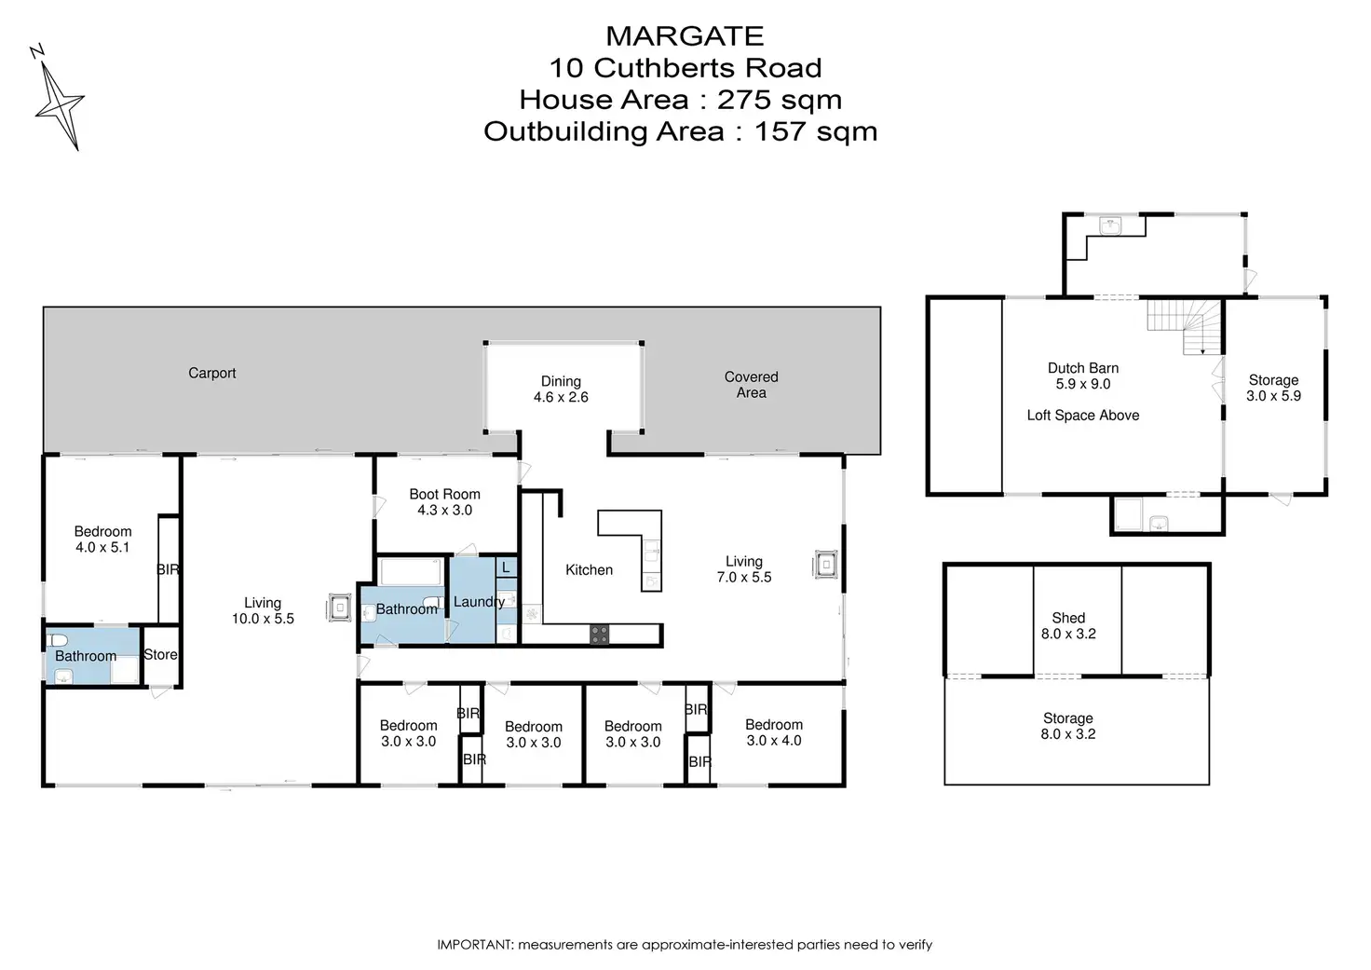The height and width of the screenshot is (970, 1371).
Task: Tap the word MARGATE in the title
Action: (x=685, y=36)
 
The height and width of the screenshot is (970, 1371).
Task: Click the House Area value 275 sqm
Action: (x=780, y=100)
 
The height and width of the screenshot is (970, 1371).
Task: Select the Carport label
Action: (x=211, y=373)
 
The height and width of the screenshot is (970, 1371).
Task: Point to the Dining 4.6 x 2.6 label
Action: (x=561, y=389)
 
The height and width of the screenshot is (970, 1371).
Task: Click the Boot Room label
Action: (x=445, y=494)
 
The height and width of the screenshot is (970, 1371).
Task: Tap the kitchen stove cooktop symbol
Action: (x=599, y=635)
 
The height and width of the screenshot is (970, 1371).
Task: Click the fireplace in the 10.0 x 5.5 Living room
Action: (x=339, y=608)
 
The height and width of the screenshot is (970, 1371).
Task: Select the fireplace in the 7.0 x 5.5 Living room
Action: (x=825, y=564)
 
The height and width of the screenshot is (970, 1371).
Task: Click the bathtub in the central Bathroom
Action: (x=411, y=572)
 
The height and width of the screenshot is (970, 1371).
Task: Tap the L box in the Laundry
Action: (x=506, y=567)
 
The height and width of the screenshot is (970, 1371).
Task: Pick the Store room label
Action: (x=160, y=655)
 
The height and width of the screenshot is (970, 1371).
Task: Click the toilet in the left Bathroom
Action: (x=57, y=640)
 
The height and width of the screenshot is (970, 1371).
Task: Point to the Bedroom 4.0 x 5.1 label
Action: (x=102, y=540)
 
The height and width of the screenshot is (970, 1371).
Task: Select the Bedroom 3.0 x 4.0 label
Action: (x=774, y=732)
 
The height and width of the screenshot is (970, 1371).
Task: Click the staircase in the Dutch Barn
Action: (x=1185, y=326)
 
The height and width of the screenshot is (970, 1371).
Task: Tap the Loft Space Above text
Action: (x=1083, y=416)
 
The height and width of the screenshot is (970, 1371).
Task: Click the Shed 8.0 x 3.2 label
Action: (x=1068, y=626)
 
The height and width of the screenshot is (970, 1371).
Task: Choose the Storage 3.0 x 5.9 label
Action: (x=1274, y=388)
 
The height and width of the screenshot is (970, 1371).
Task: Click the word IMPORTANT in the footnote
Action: (x=474, y=944)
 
